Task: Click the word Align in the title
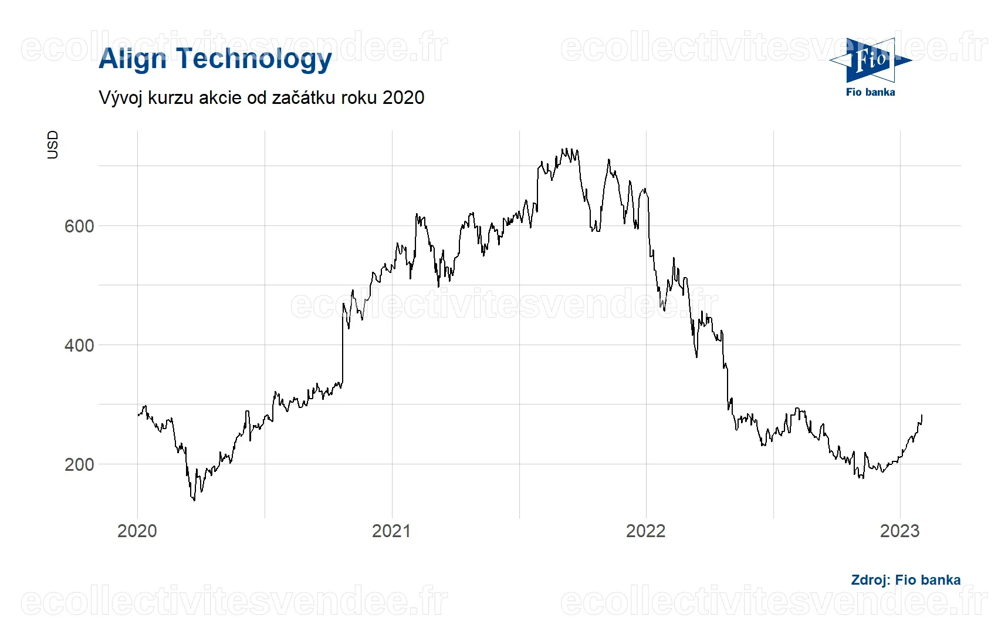click(133, 59)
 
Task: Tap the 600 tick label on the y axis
click(79, 226)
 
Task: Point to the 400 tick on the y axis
click(79, 345)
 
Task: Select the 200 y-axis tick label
click(79, 464)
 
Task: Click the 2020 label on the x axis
click(137, 531)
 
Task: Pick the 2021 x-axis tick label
click(392, 531)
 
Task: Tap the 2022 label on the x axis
click(646, 531)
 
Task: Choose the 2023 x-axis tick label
click(900, 531)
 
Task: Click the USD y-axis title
click(53, 144)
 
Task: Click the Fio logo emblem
click(871, 60)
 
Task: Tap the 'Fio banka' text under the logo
click(871, 92)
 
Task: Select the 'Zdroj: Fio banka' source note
click(906, 580)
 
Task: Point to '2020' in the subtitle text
click(403, 97)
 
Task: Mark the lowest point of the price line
click(194, 500)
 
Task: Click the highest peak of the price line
click(563, 149)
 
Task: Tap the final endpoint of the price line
click(922, 416)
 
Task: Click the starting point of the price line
click(138, 415)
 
